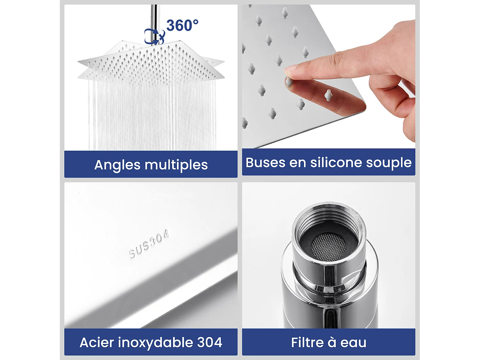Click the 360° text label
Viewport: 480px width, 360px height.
(x=182, y=26)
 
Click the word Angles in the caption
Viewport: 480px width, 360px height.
(x=117, y=165)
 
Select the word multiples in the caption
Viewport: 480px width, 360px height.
(x=176, y=165)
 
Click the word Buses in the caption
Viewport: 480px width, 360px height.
(x=265, y=163)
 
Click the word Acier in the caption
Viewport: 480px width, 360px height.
(x=97, y=342)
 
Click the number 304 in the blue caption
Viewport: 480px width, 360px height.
(x=210, y=342)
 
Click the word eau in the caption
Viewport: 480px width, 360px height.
(x=353, y=343)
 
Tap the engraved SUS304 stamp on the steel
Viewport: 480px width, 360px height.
(x=149, y=244)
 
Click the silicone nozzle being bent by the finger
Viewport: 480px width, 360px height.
(x=289, y=81)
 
